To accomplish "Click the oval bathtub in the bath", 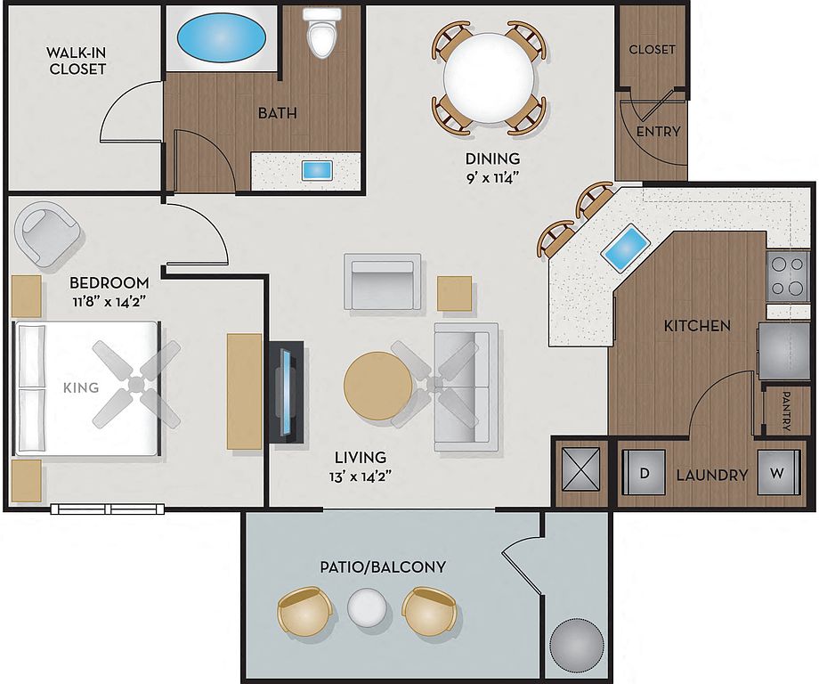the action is (221, 37).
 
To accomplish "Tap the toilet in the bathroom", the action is (321, 34).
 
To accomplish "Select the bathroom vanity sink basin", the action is (317, 171).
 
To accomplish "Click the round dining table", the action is (489, 77).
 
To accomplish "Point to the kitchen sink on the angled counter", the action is (626, 248).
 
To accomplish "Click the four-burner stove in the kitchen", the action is (788, 276).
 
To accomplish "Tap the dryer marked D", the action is (644, 473).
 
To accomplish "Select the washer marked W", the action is (778, 473).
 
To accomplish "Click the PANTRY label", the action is (786, 411).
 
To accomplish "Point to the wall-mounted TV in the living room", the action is (287, 393).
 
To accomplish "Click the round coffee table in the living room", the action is (377, 386).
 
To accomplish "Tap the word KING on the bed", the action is (81, 387).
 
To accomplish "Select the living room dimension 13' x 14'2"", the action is (361, 476).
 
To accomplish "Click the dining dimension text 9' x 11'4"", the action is (492, 177).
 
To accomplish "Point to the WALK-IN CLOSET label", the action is (77, 61).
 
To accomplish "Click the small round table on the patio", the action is (368, 607).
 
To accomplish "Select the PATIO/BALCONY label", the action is (383, 567).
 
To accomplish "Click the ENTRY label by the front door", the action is (658, 131).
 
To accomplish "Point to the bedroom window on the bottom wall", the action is (108, 509).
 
